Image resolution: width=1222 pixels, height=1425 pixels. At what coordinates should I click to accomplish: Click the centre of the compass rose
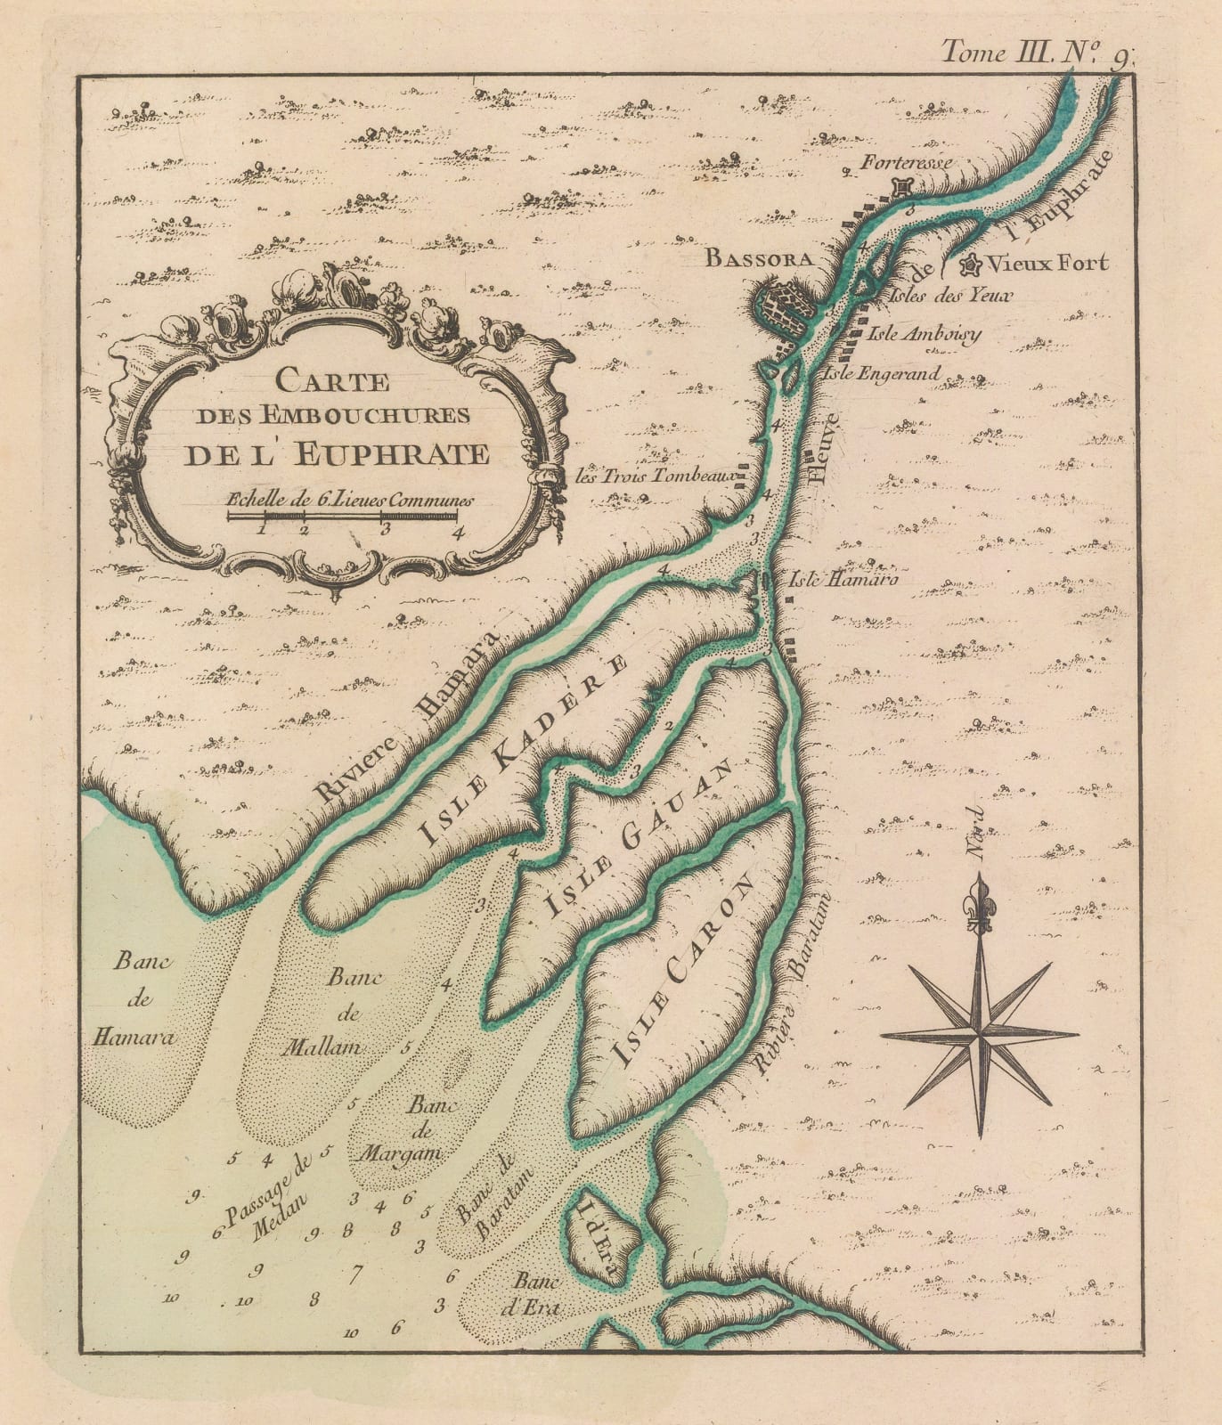[x=981, y=1035]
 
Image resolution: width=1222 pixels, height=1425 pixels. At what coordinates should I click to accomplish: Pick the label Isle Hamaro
[x=840, y=579]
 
